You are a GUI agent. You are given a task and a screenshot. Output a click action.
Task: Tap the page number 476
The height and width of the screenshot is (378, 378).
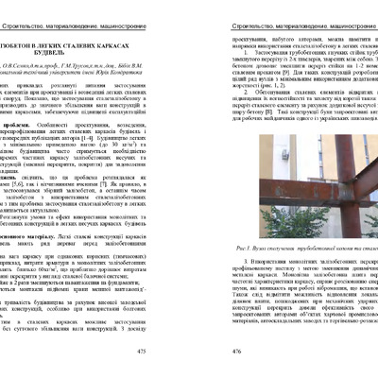(x=206, y=349)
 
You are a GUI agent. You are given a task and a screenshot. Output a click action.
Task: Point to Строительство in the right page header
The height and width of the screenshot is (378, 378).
(x=221, y=7)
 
